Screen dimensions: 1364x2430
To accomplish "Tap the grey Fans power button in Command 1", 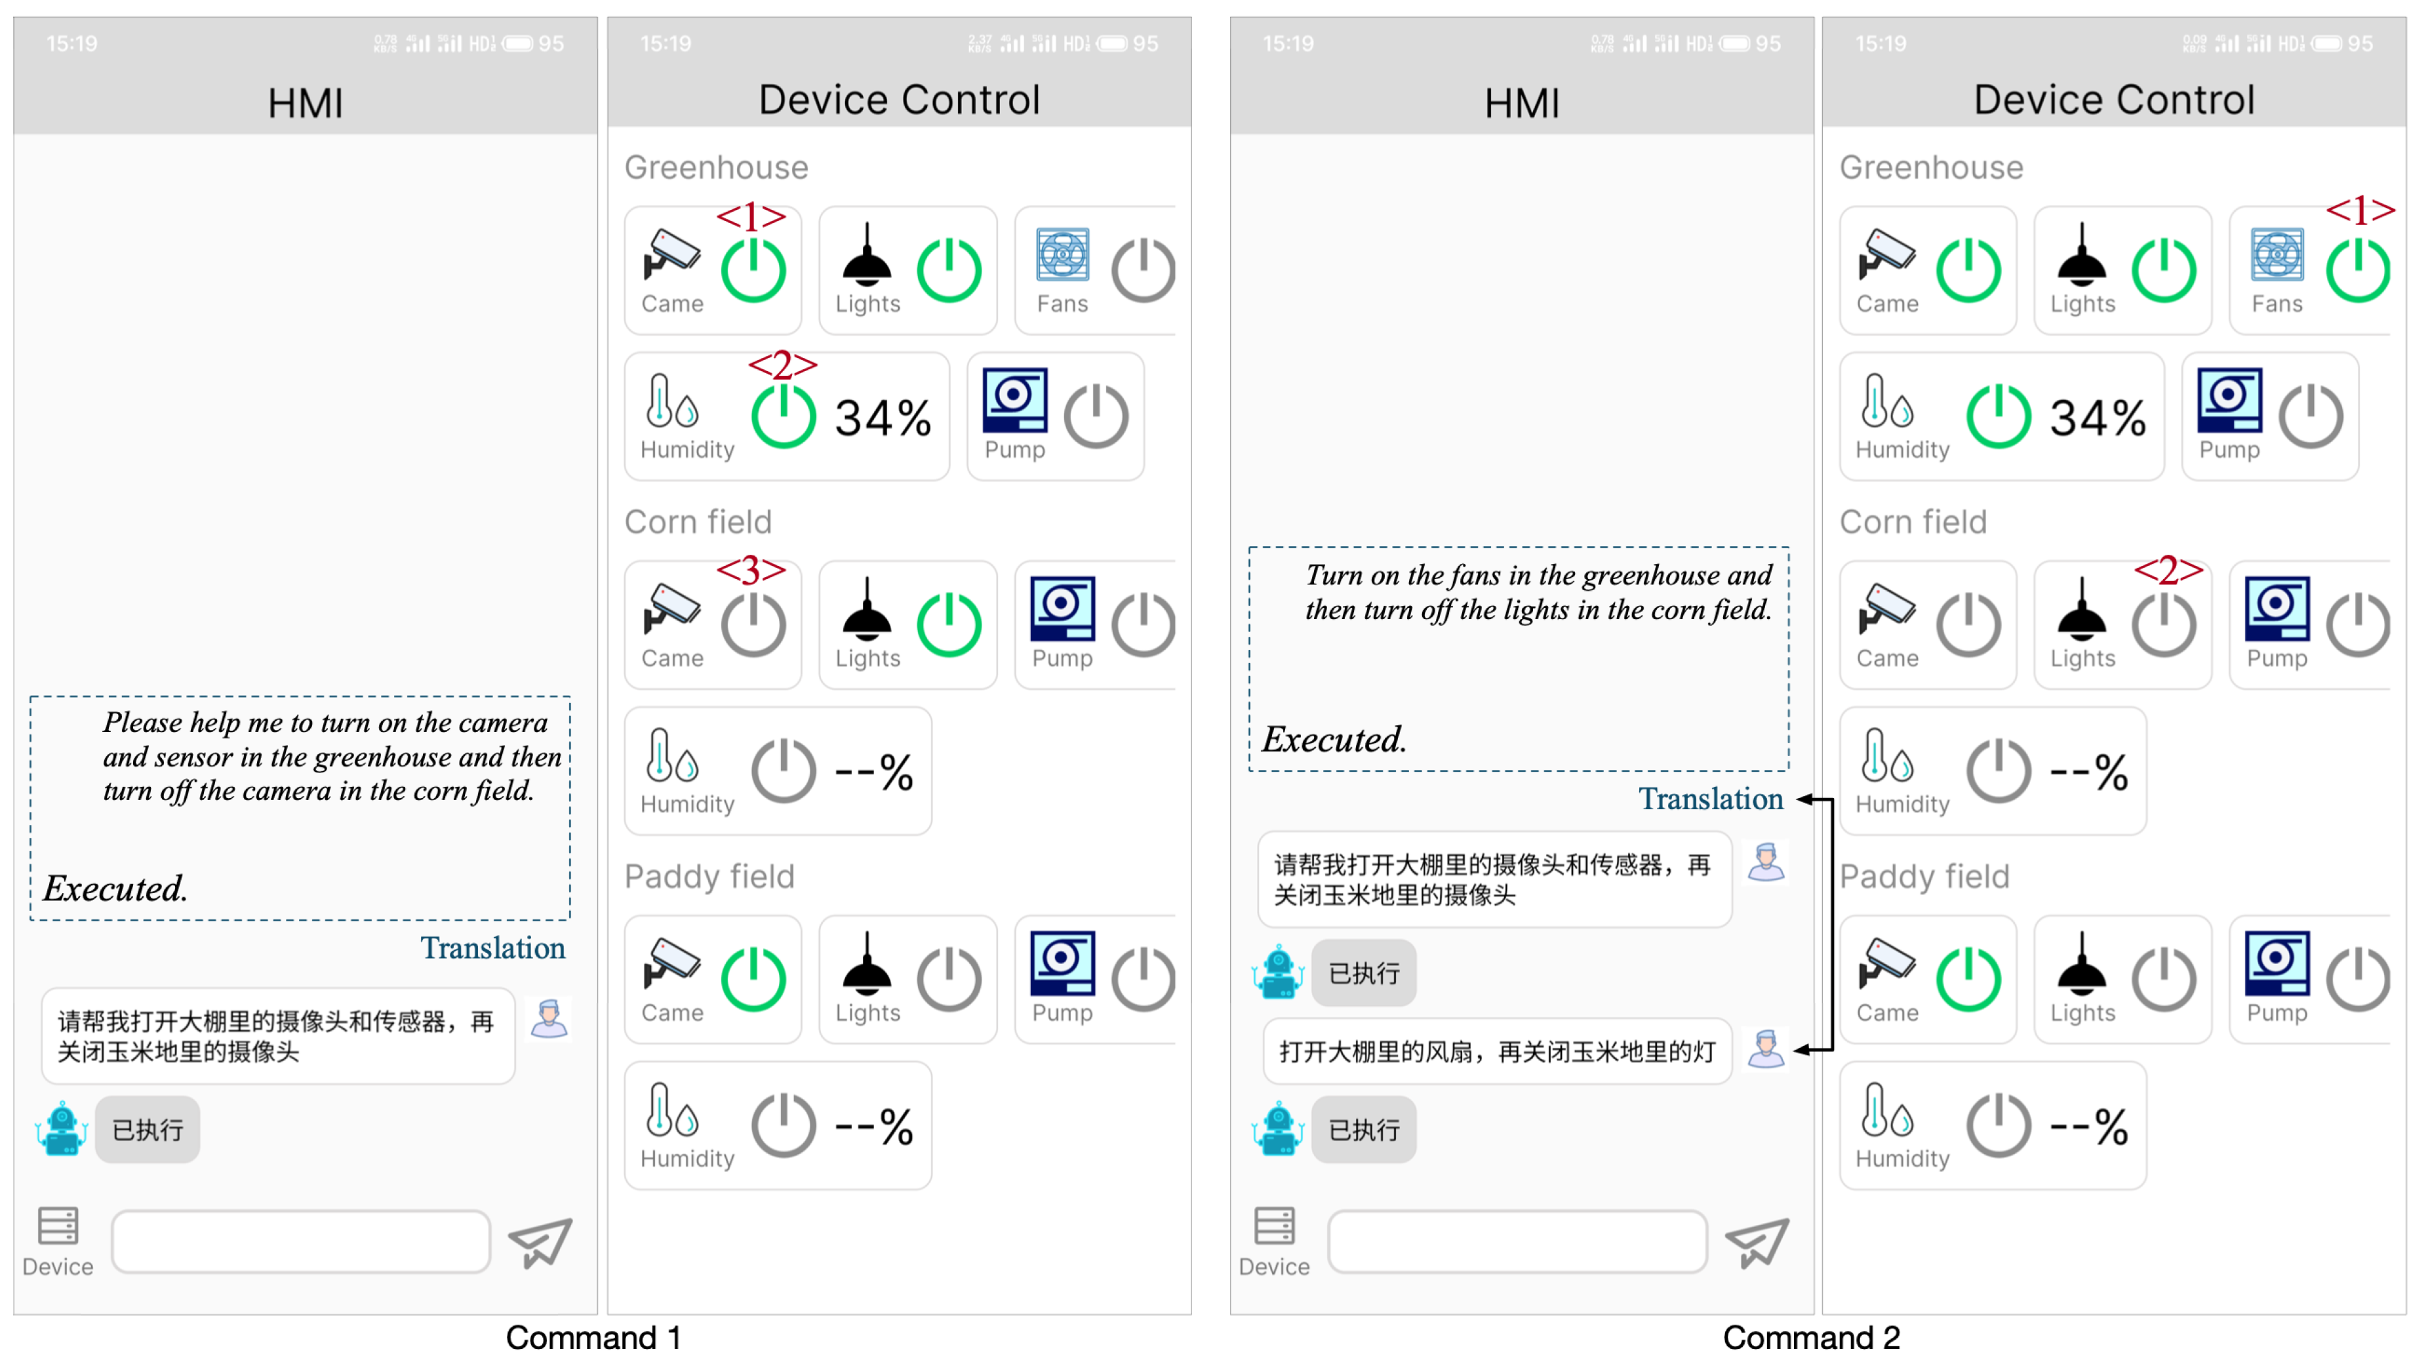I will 1142,271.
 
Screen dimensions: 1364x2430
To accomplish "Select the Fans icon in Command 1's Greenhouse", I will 1062,254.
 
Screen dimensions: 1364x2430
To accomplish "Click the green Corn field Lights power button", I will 949,624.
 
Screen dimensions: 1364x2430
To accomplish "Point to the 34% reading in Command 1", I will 883,418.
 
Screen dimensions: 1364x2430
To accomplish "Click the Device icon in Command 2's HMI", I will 1273,1226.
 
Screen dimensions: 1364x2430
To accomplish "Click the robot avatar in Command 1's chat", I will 62,1129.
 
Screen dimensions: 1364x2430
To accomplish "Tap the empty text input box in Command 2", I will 1516,1241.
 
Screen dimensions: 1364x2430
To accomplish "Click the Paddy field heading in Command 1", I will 709,876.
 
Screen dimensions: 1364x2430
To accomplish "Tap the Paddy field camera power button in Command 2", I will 1968,979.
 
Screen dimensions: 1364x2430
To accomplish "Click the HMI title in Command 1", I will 305,103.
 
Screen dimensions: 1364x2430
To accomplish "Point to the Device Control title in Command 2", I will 2113,100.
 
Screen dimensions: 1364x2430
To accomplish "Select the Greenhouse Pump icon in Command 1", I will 1014,401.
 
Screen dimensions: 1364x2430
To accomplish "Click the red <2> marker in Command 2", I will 2168,570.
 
